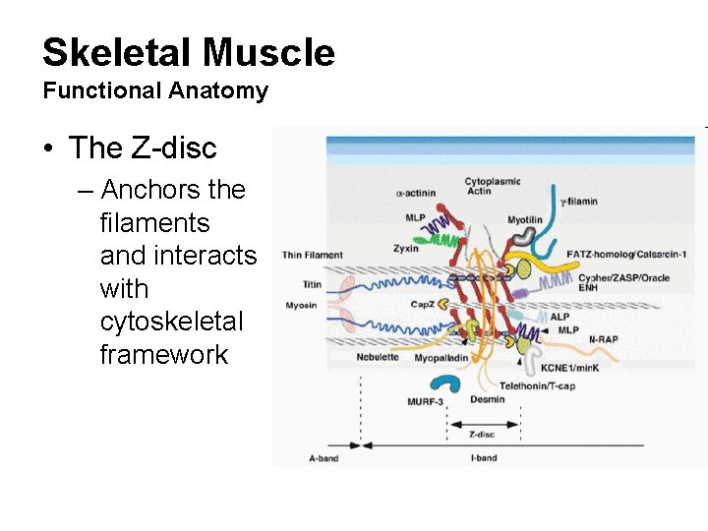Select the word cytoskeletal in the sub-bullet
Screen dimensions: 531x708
point(172,322)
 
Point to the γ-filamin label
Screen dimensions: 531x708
point(578,202)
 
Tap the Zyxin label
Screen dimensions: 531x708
point(404,249)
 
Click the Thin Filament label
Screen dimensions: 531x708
point(312,256)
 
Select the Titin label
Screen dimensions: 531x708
point(312,284)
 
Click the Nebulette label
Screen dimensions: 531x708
point(378,357)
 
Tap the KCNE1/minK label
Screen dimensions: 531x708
point(568,367)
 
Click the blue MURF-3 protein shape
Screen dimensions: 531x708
point(454,385)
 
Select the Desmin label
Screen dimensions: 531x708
point(488,399)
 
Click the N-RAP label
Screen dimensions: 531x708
point(603,339)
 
